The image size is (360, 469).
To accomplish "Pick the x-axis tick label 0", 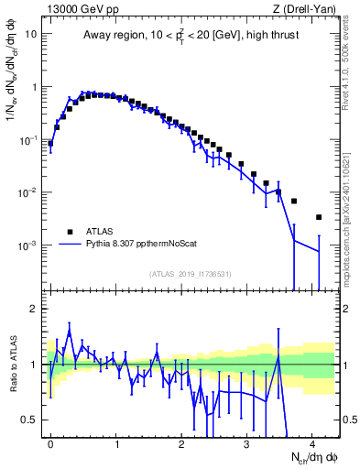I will (50, 442).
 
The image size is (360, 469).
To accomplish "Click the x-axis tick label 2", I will (181, 442).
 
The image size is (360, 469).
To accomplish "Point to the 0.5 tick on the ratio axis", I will (32, 420).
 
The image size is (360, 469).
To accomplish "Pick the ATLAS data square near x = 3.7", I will (294, 201).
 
